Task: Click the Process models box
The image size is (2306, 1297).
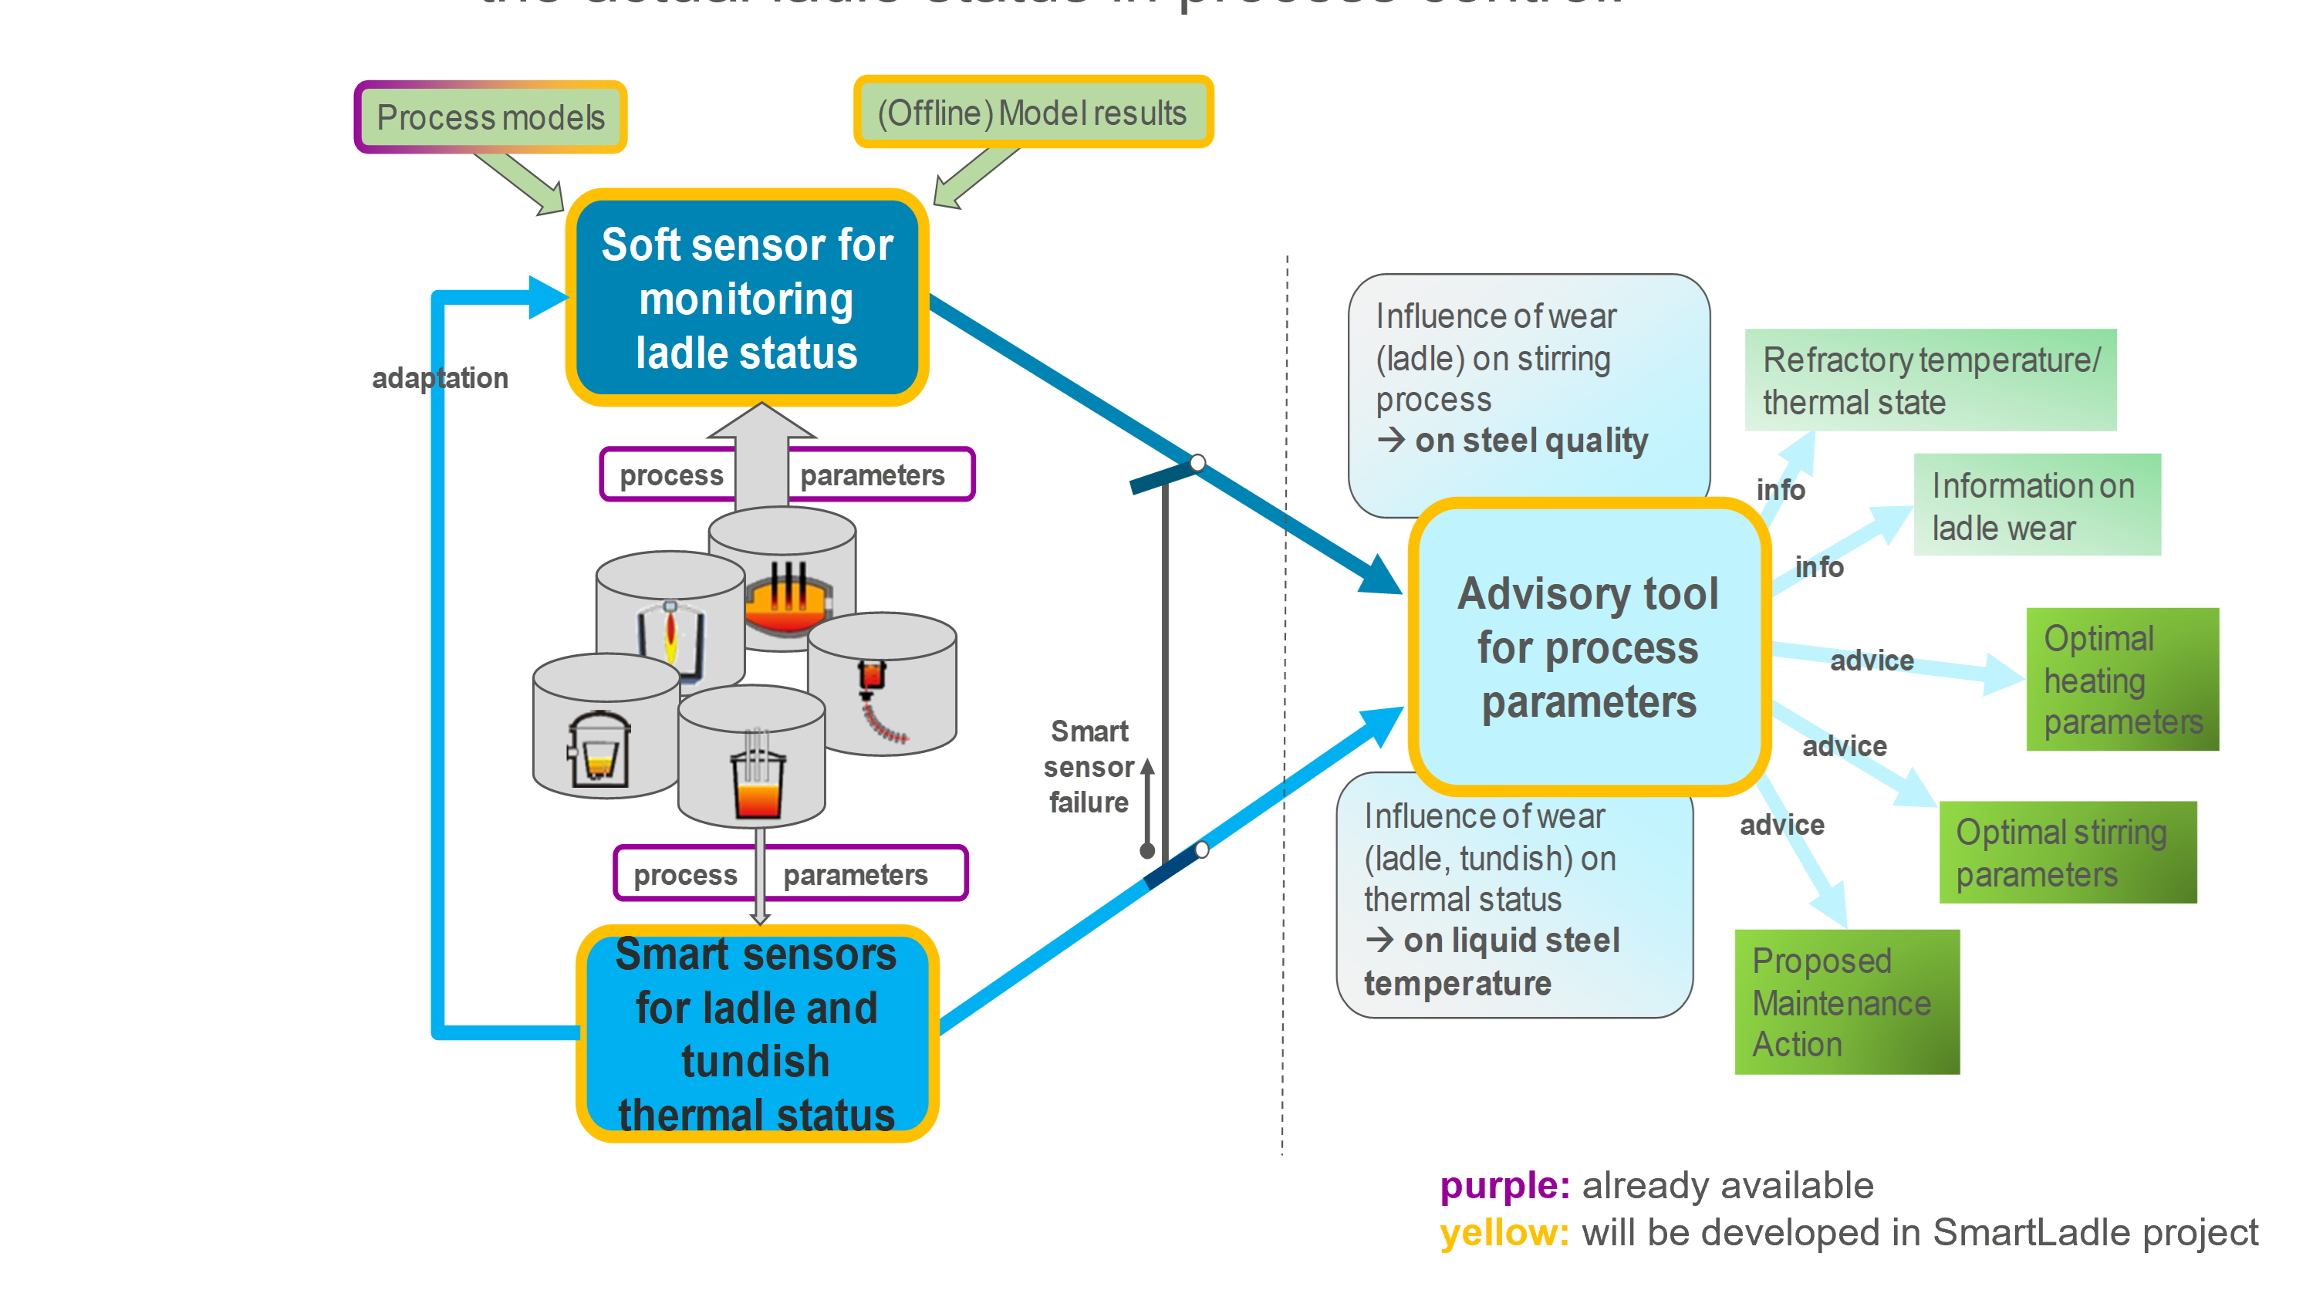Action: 491,117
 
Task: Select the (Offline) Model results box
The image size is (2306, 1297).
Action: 1033,113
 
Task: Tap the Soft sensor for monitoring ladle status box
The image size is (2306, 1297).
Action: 747,298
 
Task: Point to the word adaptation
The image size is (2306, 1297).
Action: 440,378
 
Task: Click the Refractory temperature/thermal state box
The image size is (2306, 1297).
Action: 1930,380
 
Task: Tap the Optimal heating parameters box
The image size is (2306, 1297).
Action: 2122,680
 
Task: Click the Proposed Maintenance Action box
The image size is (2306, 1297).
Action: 1846,1001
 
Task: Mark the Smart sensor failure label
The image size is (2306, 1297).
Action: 1089,766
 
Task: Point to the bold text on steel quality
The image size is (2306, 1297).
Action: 1531,441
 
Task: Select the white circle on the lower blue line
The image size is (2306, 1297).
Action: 1201,849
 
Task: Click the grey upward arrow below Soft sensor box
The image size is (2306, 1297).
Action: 761,457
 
